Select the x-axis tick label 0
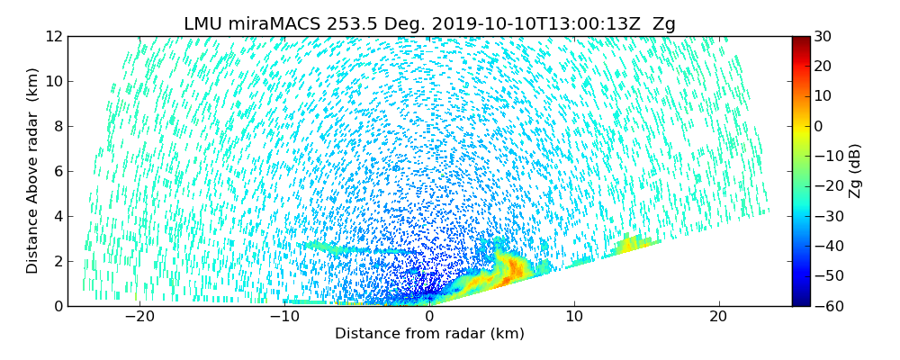pyautogui.click(x=429, y=317)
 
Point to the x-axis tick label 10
pyautogui.click(x=574, y=317)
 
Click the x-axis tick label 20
pyautogui.click(x=718, y=317)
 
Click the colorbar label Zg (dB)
pyautogui.click(x=855, y=171)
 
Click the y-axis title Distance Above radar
pyautogui.click(x=33, y=171)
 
